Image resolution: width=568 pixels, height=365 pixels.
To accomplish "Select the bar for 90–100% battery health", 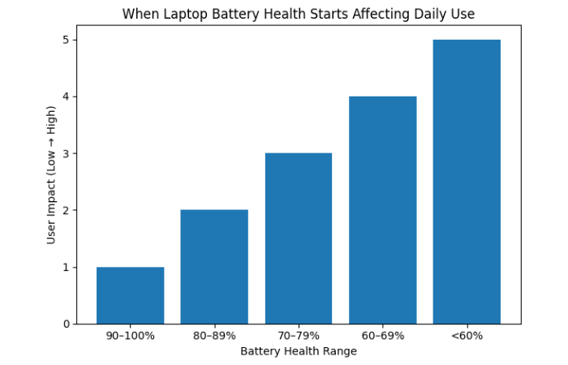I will coord(130,295).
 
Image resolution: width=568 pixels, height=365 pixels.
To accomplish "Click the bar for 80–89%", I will coord(214,267).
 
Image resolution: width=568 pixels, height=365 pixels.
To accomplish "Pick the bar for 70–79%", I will coord(298,238).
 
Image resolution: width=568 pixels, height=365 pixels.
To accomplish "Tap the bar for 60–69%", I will coord(382,210).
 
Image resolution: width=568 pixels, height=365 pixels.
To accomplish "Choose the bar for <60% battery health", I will coord(467,182).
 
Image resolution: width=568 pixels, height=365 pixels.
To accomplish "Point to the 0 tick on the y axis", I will coord(66,324).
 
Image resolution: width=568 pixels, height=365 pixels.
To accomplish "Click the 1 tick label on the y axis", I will coord(66,268).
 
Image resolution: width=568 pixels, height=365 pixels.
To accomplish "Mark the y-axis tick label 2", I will coord(66,211).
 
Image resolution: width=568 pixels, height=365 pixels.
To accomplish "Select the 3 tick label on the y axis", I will coord(66,154).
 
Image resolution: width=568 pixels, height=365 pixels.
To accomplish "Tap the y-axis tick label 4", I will coord(66,97).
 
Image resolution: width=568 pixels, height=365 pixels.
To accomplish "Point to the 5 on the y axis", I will coord(66,41).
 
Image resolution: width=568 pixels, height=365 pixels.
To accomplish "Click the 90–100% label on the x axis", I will coord(130,336).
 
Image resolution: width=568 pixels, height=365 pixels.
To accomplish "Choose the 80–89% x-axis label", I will coord(214,336).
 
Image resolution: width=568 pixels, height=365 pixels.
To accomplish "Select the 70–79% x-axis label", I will coord(298,336).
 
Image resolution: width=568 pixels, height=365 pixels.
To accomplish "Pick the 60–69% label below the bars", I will coord(382,336).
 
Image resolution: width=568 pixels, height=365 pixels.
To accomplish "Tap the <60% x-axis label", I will coord(467,336).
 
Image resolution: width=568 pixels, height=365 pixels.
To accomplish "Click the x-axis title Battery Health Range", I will coord(298,351).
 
